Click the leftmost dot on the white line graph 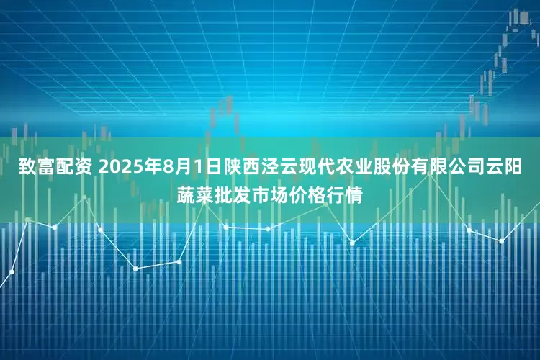point(12,272)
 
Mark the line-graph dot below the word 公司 point(469,230)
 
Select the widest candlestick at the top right point(517,17)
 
